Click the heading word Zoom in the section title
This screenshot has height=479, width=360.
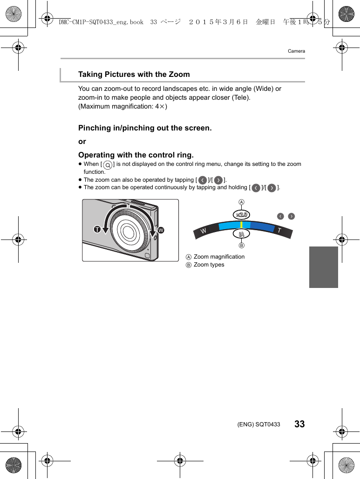tap(179, 75)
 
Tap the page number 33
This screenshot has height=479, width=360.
tap(299, 424)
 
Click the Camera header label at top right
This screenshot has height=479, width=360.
tap(296, 51)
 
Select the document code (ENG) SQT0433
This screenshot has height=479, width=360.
tap(259, 424)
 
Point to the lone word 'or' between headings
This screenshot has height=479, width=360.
tap(82, 141)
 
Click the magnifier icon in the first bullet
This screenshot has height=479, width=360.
tap(108, 164)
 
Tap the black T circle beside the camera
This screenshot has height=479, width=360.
tap(97, 230)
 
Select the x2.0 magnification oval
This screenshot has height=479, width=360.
tap(242, 214)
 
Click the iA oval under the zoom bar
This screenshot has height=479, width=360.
tap(242, 234)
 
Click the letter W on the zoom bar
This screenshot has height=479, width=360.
tap(204, 231)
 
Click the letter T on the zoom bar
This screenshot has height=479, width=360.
tap(279, 231)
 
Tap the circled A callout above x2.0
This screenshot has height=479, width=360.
tap(242, 202)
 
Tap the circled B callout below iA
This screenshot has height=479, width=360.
tap(242, 245)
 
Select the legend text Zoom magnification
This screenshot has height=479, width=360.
tap(219, 257)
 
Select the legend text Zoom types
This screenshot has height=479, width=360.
tap(209, 265)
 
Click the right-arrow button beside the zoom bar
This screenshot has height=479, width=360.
tap(292, 216)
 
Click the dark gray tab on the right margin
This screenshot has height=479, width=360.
tap(323, 267)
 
